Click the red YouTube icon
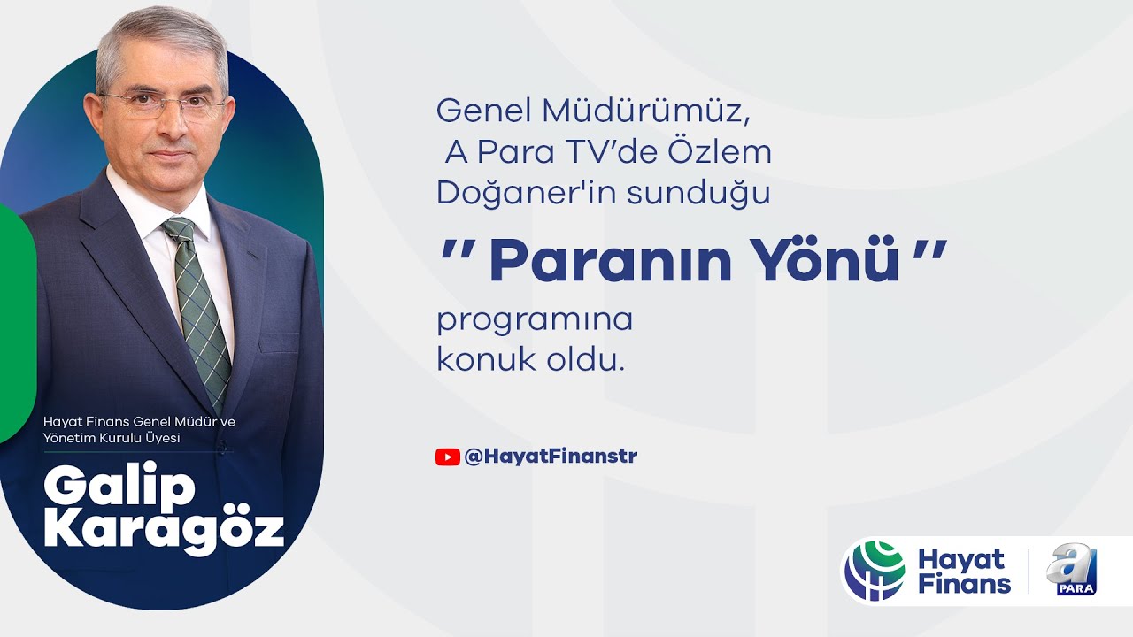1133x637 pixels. point(447,457)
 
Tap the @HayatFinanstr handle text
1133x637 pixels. point(551,457)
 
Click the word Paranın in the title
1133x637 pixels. point(610,260)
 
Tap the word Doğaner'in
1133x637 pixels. point(505,194)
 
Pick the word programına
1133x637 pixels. point(535,320)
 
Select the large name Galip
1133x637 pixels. point(119,486)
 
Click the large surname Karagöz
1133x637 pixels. point(164,530)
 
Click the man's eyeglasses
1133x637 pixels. point(164,105)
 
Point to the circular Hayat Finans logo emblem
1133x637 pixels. point(875,571)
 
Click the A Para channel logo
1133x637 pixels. point(1071,571)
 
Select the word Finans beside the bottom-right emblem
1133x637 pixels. point(964,584)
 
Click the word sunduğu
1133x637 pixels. point(699,194)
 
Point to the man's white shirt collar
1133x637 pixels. point(142,199)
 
